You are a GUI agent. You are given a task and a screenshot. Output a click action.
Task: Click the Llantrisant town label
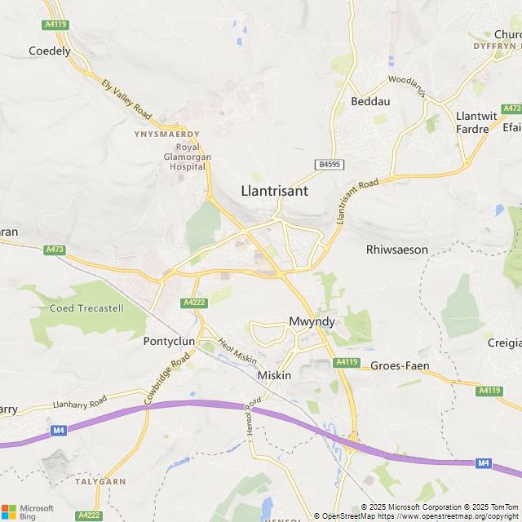274,190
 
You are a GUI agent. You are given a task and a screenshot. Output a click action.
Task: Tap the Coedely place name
50,51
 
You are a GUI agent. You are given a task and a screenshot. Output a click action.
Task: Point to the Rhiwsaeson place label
397,250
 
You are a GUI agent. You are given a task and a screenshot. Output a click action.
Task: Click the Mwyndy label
312,322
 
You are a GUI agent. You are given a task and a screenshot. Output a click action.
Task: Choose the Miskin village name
274,374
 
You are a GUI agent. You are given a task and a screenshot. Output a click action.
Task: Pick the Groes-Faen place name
400,366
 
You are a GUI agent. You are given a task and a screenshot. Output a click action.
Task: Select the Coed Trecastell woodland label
86,308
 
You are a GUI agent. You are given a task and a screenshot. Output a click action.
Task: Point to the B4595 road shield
330,165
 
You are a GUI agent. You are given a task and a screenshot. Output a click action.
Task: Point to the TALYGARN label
100,482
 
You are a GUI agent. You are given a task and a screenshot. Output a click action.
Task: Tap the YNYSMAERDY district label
167,134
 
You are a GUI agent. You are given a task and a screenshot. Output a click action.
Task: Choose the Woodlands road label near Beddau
407,86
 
